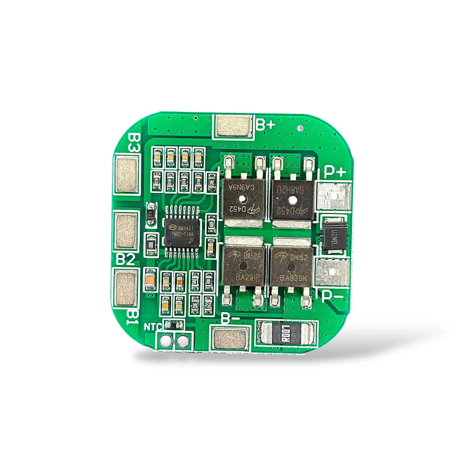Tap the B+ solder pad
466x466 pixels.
point(233,126)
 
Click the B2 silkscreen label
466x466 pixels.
point(126,259)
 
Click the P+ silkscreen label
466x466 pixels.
point(335,173)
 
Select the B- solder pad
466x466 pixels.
point(230,338)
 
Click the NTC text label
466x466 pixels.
point(153,326)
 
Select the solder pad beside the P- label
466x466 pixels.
point(332,273)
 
